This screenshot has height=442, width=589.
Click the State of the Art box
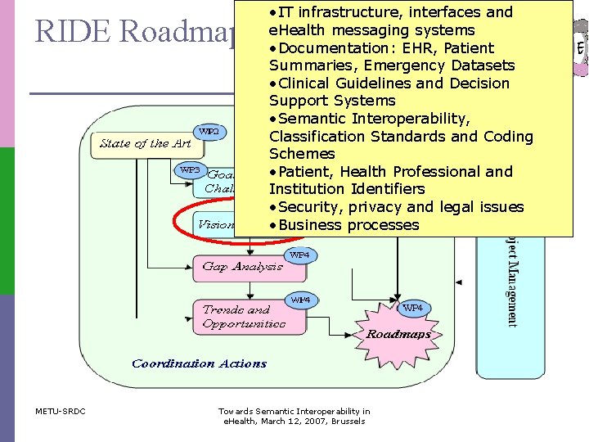(146, 143)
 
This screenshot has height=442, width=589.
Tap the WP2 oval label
(209, 131)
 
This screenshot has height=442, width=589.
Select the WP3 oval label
(190, 169)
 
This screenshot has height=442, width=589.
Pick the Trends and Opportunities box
(243, 316)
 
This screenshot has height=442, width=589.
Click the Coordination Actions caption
(199, 363)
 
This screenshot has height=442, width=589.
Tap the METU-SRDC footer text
(61, 411)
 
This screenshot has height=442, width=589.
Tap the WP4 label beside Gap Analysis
(299, 255)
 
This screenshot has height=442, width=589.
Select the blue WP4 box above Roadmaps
(413, 308)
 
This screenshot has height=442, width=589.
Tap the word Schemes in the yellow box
(302, 154)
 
